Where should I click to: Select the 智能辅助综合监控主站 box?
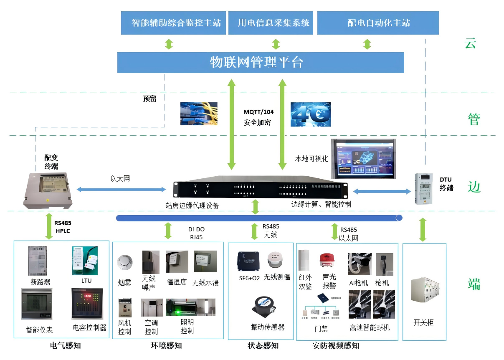[x=173, y=23]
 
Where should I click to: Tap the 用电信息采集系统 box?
[x=274, y=23]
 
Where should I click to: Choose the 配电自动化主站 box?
[x=378, y=23]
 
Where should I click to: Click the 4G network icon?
[x=311, y=114]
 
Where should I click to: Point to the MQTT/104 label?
[x=258, y=112]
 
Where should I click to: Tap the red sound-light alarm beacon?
[x=327, y=260]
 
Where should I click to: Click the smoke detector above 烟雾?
[x=124, y=262]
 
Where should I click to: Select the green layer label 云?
[x=470, y=43]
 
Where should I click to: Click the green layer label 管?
[x=474, y=119]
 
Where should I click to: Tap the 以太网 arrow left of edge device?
[x=121, y=190]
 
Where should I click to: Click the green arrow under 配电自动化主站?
[x=367, y=44]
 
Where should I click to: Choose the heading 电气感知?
[x=65, y=345]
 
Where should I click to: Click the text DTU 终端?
[x=446, y=184]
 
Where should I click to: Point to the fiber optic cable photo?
[x=199, y=114]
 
